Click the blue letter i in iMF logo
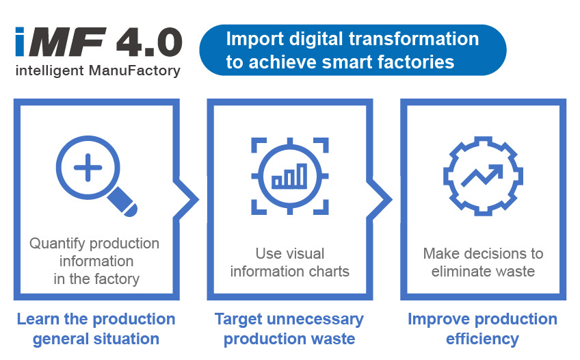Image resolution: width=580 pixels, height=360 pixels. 20,42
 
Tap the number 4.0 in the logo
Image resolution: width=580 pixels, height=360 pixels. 149,42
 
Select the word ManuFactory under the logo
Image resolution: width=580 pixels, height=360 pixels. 135,70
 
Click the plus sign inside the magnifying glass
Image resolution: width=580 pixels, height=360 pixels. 88,168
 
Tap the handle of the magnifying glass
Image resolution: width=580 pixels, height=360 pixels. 122,202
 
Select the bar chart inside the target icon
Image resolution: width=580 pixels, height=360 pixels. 289,176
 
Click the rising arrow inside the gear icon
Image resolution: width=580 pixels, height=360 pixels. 482,175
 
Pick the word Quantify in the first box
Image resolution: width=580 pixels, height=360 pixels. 57,244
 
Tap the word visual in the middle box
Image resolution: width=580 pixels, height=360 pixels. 306,254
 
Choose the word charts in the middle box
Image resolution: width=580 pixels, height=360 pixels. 329,272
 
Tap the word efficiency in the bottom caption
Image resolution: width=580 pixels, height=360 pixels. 482,339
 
